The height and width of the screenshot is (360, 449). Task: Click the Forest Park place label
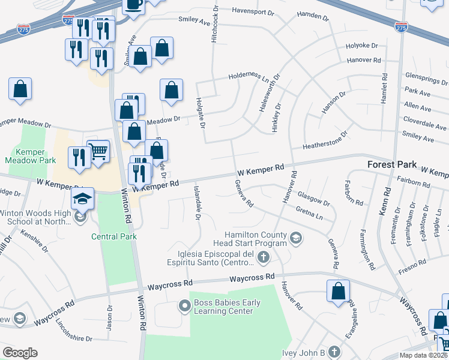[x=390, y=164]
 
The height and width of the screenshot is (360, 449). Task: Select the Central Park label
[x=114, y=236]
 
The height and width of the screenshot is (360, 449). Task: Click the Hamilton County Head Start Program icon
[x=295, y=239]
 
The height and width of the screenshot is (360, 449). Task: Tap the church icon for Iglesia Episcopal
[x=263, y=258]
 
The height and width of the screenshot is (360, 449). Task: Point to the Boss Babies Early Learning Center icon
[x=185, y=307]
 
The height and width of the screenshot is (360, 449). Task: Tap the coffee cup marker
[x=133, y=5]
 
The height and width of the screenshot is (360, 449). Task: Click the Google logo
[x=20, y=353]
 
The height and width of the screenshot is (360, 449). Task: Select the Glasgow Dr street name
[x=313, y=198]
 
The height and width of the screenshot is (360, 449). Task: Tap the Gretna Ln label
[x=310, y=212]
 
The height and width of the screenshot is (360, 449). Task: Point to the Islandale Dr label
[x=196, y=202]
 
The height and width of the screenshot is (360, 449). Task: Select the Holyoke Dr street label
[x=362, y=46]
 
